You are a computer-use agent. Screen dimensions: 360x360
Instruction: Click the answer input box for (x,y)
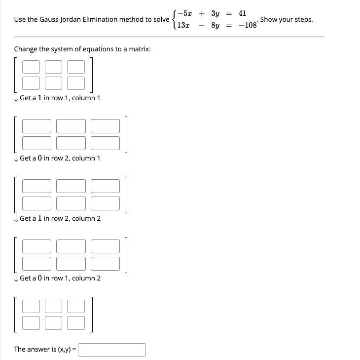click(x=112, y=350)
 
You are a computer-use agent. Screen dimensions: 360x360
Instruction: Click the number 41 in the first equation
click(x=242, y=13)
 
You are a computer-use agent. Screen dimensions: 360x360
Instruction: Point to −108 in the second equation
click(x=247, y=25)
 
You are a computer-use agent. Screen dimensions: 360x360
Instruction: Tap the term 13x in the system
click(x=183, y=25)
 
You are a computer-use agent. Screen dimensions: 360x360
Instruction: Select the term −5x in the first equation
click(x=185, y=13)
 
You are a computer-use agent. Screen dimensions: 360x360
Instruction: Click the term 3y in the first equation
click(x=215, y=13)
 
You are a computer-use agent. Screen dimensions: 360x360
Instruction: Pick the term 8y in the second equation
click(x=215, y=25)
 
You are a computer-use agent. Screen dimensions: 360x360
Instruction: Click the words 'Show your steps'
click(x=286, y=19)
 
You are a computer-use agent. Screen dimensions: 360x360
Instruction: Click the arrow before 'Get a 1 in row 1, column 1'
click(x=16, y=98)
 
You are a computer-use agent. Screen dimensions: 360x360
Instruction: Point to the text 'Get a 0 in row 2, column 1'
click(x=60, y=158)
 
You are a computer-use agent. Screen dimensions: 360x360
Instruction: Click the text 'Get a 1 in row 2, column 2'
click(x=60, y=218)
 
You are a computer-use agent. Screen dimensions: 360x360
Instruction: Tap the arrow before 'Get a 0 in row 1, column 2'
click(x=16, y=279)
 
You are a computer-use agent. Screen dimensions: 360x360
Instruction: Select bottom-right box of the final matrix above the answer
click(x=76, y=323)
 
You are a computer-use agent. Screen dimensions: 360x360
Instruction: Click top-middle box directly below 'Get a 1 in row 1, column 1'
click(x=71, y=126)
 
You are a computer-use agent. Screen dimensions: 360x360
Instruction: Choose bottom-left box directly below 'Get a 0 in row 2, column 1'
click(x=36, y=203)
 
